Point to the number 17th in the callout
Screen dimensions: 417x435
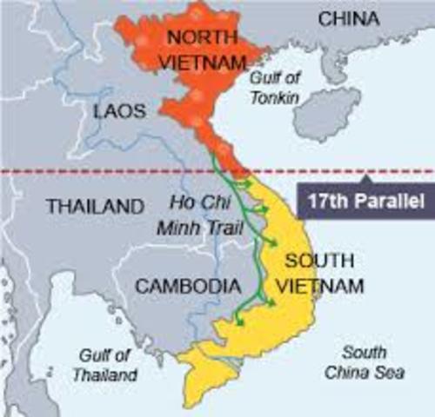[325, 202]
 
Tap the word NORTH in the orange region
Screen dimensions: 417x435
[203, 37]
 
